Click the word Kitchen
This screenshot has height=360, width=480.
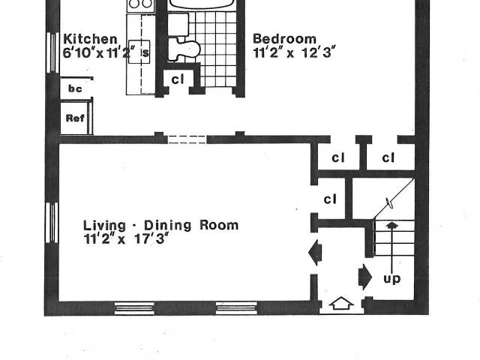click(x=90, y=39)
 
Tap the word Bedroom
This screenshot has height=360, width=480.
click(x=284, y=39)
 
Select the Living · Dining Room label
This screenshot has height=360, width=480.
click(x=160, y=225)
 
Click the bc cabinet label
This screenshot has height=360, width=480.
click(x=75, y=88)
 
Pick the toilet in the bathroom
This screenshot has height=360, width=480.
click(x=184, y=49)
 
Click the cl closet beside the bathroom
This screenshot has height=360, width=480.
click(x=178, y=79)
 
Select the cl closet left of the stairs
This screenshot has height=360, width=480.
click(x=330, y=199)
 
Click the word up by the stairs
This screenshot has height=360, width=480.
click(x=391, y=279)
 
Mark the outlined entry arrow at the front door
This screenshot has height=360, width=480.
click(x=341, y=303)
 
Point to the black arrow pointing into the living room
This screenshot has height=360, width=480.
click(x=315, y=253)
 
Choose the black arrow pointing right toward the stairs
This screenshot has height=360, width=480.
click(x=365, y=277)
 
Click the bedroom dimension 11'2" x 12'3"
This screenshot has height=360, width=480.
click(x=292, y=52)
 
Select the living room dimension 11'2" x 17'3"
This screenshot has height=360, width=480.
click(x=126, y=238)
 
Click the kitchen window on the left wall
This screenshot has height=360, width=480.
click(x=52, y=52)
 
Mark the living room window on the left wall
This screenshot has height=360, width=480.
click(x=52, y=223)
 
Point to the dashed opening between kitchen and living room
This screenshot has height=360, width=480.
click(x=187, y=139)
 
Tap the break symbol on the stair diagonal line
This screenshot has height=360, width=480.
click(x=390, y=203)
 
